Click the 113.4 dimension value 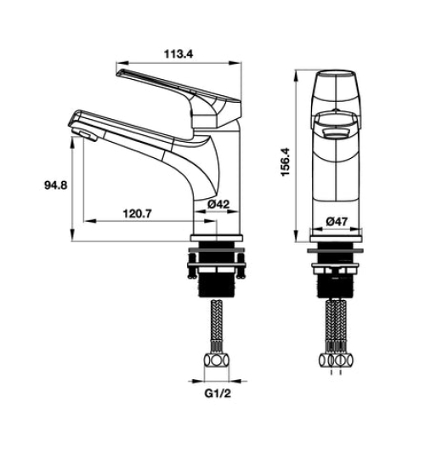(x=178, y=54)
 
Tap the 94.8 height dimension (x=56, y=185)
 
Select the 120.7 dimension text (x=137, y=213)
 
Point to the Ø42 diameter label (x=218, y=204)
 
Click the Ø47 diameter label (x=337, y=221)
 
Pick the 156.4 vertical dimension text (x=285, y=161)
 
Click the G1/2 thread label (x=218, y=394)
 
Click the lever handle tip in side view (x=119, y=72)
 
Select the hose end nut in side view (x=217, y=360)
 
